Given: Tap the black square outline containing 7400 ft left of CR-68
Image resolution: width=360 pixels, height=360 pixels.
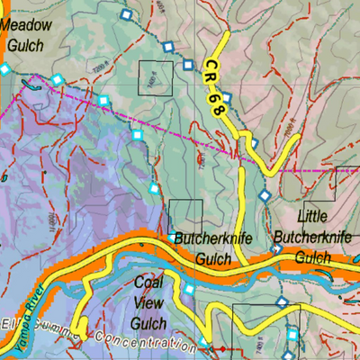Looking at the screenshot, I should (155, 77).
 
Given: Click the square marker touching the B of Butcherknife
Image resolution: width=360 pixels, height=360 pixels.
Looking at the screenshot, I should (172, 238).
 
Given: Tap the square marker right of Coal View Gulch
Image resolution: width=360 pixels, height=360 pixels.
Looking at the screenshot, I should (190, 290).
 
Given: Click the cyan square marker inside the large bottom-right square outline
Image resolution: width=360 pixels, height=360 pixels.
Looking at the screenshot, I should (292, 335).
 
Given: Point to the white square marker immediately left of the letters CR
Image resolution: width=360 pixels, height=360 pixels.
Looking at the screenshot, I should (188, 65).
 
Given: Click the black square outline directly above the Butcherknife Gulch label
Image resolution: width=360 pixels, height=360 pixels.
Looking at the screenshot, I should (186, 214).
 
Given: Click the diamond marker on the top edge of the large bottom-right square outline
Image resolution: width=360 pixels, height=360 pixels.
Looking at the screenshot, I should (281, 301).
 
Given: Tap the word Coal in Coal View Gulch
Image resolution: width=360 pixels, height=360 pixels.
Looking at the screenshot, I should (148, 281).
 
